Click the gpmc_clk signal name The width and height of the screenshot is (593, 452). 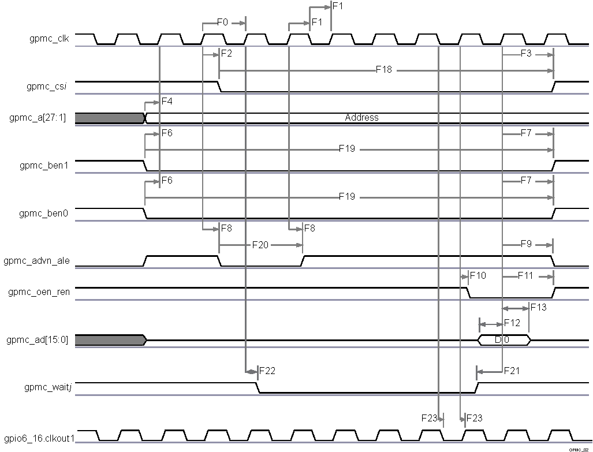point(49,39)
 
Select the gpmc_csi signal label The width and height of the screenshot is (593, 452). point(48,87)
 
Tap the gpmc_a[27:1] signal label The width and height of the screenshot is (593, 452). point(38,118)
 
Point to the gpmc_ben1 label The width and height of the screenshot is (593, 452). point(43,166)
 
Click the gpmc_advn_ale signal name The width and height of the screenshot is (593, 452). point(37,261)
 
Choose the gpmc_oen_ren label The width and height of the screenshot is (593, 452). point(39,292)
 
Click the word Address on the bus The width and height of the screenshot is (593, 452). point(361,118)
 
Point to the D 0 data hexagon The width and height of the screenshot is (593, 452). point(502,340)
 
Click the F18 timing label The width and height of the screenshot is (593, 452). point(384,70)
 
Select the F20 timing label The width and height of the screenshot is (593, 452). point(260,245)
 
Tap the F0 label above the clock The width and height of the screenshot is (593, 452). point(223,23)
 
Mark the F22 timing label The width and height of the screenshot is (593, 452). point(267,371)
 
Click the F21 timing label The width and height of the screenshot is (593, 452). point(512,371)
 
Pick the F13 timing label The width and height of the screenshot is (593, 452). point(538,307)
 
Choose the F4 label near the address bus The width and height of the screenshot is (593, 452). point(167,102)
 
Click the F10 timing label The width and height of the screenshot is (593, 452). point(478,276)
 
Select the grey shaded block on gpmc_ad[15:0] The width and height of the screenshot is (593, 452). point(110,340)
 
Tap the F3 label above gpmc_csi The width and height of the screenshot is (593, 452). point(526,54)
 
